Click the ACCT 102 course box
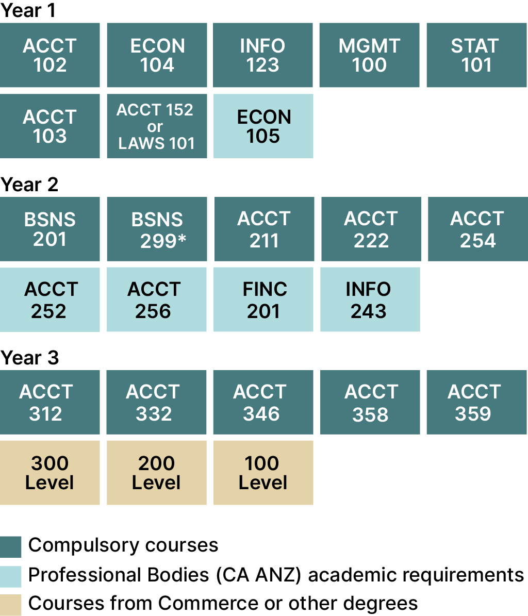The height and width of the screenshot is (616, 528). (x=50, y=55)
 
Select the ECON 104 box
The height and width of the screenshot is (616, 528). (x=157, y=55)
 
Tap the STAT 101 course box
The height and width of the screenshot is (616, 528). (x=476, y=55)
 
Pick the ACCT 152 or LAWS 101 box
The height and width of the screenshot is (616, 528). (x=157, y=126)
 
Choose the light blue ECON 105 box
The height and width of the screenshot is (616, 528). (x=263, y=126)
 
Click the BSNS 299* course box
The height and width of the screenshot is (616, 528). (x=157, y=229)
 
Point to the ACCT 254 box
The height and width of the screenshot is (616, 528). (x=477, y=229)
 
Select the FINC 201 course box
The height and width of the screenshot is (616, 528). (x=263, y=299)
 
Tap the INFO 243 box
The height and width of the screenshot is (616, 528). (x=370, y=299)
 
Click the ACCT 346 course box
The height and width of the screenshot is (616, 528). (x=263, y=402)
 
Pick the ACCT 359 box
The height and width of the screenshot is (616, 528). (x=476, y=402)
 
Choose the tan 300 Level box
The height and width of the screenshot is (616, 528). (x=50, y=473)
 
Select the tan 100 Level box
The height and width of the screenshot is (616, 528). (x=263, y=473)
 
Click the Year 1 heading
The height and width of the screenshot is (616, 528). (x=28, y=11)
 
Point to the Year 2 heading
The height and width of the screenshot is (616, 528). (x=29, y=185)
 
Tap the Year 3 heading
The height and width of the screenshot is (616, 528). (x=29, y=358)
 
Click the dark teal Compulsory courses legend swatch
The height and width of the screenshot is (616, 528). (x=11, y=547)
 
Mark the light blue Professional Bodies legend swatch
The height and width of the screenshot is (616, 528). (x=11, y=577)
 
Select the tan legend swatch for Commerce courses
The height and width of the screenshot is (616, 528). (x=11, y=605)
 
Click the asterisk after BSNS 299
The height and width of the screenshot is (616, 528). (x=181, y=239)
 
